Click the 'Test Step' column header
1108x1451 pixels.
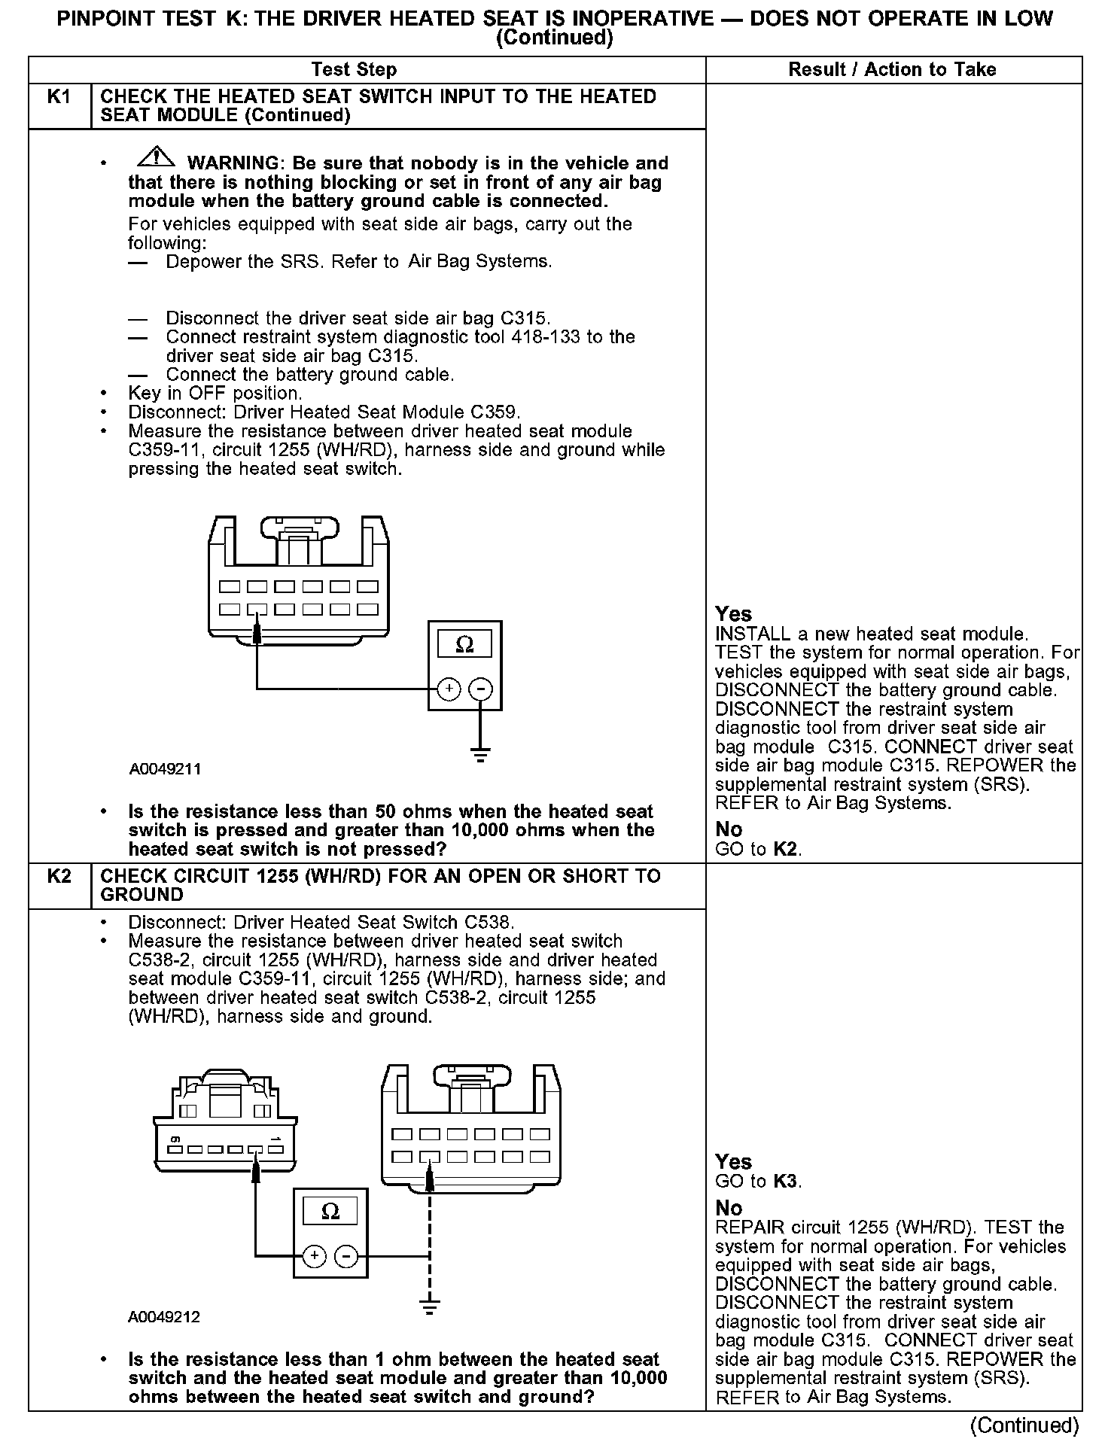pyautogui.click(x=354, y=70)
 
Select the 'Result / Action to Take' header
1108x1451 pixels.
pyautogui.click(x=892, y=70)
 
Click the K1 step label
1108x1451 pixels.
pyautogui.click(x=59, y=97)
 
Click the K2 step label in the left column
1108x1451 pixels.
pyautogui.click(x=59, y=876)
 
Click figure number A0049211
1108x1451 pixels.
pyautogui.click(x=165, y=769)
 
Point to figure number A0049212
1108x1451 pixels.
pyautogui.click(x=164, y=1317)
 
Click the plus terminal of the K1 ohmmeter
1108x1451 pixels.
pyautogui.click(x=449, y=689)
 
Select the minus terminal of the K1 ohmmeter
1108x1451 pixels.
pyautogui.click(x=481, y=689)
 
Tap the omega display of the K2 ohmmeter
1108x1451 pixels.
pyautogui.click(x=330, y=1212)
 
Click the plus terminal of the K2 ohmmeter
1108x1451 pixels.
pyautogui.click(x=314, y=1255)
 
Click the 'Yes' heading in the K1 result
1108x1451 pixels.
pyautogui.click(x=733, y=614)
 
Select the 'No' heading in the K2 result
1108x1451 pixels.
pyautogui.click(x=729, y=1209)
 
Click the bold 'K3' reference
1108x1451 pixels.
pyautogui.click(x=785, y=1181)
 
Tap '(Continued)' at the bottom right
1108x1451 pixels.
pyautogui.click(x=1024, y=1425)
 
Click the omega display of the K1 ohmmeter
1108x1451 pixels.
pyautogui.click(x=465, y=645)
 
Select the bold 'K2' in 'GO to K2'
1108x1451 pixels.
pyautogui.click(x=785, y=850)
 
